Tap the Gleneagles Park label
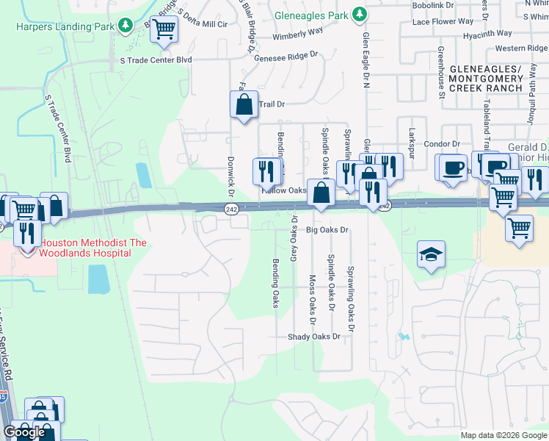click(x=311, y=14)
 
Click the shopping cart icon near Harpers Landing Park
click(x=164, y=29)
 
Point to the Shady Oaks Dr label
click(x=315, y=337)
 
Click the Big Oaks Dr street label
click(x=327, y=229)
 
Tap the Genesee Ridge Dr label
click(x=286, y=54)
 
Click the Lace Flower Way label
click(x=443, y=21)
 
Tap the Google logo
click(x=24, y=432)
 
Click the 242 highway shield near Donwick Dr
click(x=231, y=210)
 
